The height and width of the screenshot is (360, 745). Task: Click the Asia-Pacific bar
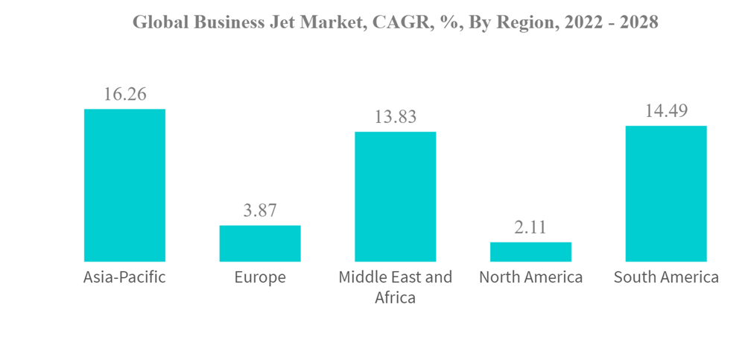pos(124,185)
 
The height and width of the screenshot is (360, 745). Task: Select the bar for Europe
pos(260,243)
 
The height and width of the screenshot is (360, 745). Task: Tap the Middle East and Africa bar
pos(395,196)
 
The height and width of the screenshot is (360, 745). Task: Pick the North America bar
pos(530,251)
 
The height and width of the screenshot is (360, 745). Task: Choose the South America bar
pos(666,193)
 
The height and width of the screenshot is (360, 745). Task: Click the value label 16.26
pos(124,95)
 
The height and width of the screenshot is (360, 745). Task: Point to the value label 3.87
pos(260,211)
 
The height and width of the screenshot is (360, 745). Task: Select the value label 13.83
pos(395,117)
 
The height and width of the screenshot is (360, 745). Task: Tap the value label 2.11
pos(530,227)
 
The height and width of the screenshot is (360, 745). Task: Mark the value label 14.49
pos(666,111)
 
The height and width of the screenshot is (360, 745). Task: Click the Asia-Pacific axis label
pos(124,278)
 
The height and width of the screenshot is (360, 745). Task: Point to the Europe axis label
pos(260,278)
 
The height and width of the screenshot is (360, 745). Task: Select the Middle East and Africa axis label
pos(395,287)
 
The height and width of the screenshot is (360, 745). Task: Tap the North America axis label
pos(530,278)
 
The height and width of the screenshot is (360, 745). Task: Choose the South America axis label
pos(666,278)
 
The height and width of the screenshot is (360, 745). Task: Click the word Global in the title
pos(158,22)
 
